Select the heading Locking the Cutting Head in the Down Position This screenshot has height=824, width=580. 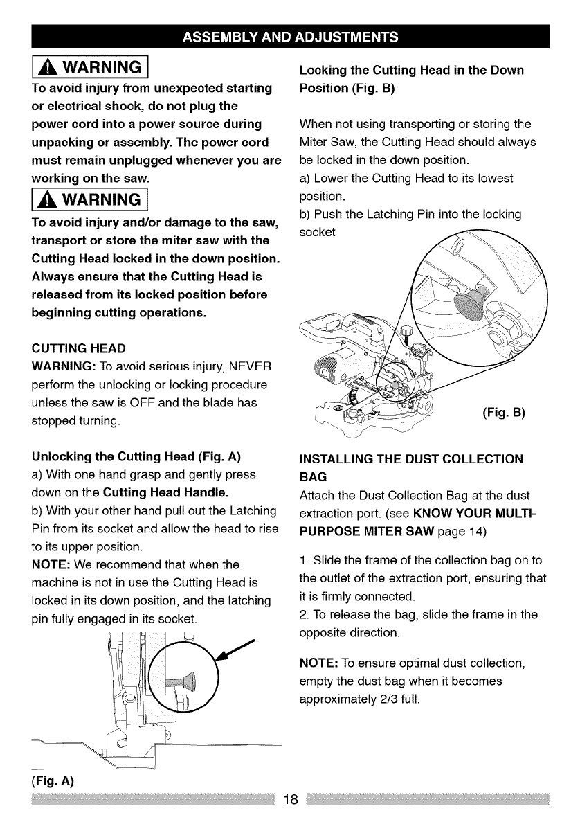[x=411, y=80]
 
